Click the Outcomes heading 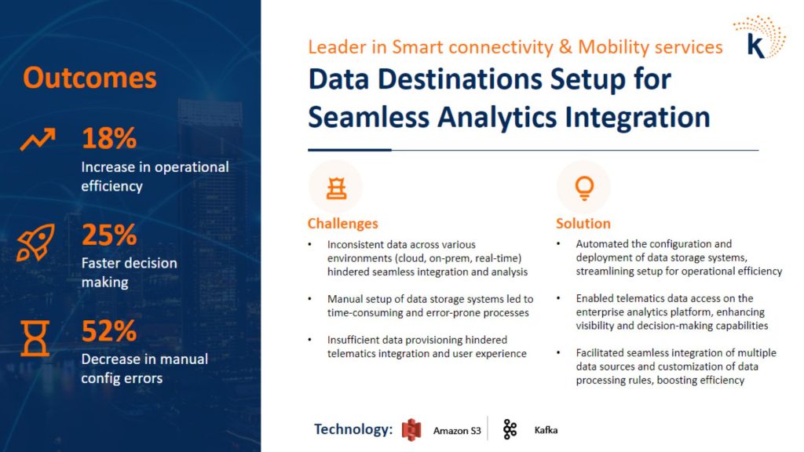pos(90,78)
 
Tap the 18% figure pos(109,138)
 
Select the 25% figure pos(109,235)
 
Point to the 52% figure pos(109,330)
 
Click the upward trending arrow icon pos(38,140)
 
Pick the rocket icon pos(35,242)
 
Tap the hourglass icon pos(35,338)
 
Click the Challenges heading pos(342,224)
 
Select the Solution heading pos(583,224)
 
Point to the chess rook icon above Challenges pos(336,188)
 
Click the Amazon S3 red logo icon pos(411,429)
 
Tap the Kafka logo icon pos(510,429)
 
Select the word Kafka pos(546,430)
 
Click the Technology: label pos(353,429)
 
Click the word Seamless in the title pos(368,118)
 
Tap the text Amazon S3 pos(457,431)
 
